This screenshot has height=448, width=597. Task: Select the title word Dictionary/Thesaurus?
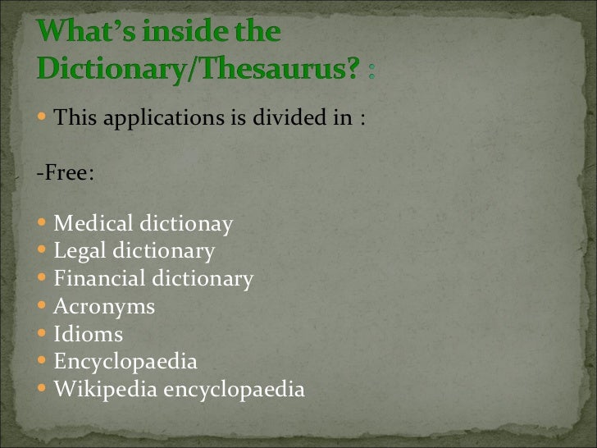coord(198,71)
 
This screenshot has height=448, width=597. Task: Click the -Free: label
coord(65,174)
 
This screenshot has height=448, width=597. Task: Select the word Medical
coord(93,224)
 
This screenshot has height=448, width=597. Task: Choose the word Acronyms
coord(104,307)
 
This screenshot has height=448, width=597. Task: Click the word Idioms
coord(89,335)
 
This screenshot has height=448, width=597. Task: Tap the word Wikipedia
coord(106,390)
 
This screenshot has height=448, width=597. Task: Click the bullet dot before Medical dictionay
coord(43,224)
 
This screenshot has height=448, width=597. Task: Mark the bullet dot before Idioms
coord(43,335)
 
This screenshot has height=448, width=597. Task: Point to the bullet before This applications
coord(43,118)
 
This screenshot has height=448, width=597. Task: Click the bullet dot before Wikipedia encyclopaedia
coord(43,390)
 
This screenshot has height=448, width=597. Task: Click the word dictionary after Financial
coord(204,279)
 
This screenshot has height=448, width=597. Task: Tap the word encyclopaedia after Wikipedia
coord(235,390)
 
